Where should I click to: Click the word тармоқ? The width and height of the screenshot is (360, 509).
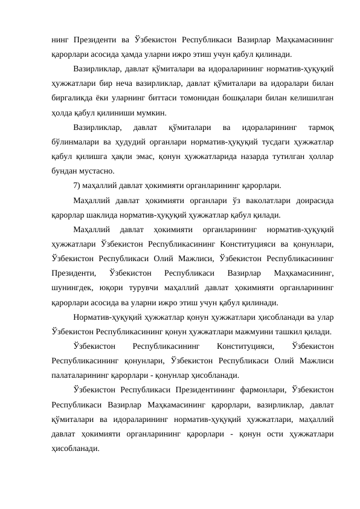[x=321, y=128]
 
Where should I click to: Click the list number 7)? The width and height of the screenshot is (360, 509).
[x=77, y=186]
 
